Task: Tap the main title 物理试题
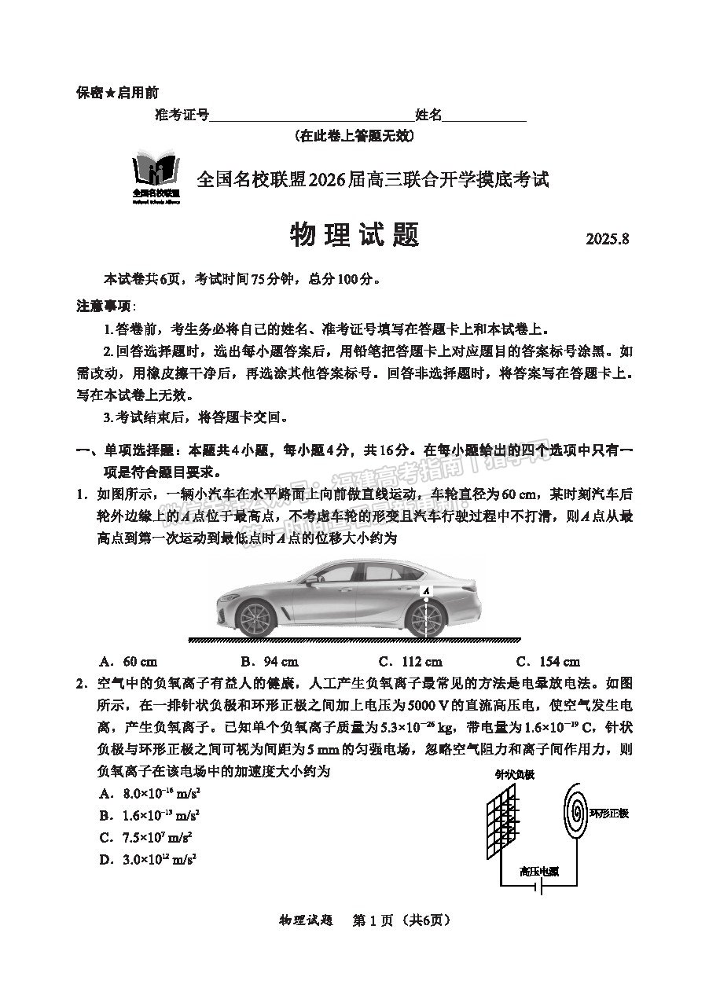354,234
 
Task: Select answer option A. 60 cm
129,661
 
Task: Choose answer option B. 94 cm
269,661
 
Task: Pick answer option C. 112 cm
410,661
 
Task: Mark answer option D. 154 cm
548,661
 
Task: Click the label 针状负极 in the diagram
515,775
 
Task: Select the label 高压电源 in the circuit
539,870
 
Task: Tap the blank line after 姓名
484,116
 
